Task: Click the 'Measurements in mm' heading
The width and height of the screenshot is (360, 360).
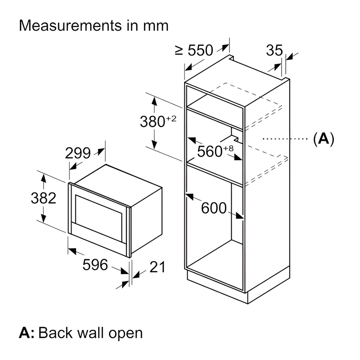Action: pos(94,25)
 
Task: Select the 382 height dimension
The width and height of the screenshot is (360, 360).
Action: pos(44,198)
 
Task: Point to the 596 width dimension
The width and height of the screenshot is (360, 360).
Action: pos(95,265)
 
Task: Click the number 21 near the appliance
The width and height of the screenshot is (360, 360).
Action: pos(157,267)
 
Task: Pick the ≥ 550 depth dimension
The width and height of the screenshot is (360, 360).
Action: pos(194,50)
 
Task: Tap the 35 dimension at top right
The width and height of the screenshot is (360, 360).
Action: pos(274,50)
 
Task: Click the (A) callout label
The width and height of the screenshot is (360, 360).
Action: pos(324,139)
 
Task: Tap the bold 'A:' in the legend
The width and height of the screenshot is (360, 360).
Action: pos(27,333)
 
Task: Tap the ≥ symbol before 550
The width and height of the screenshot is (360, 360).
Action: pos(179,51)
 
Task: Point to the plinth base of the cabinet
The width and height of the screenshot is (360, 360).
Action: pos(238,288)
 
